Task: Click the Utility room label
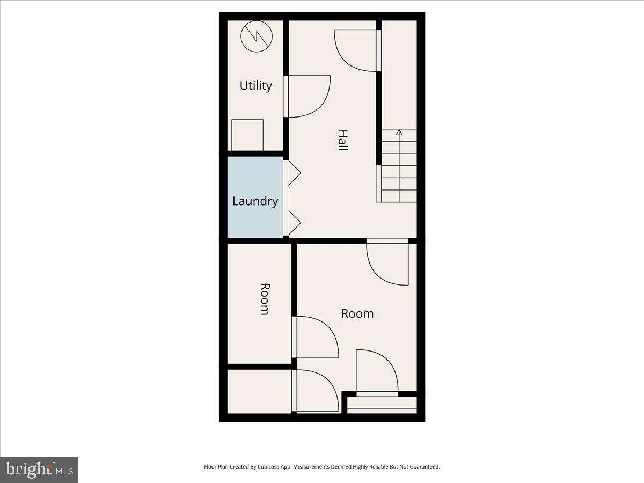click(x=255, y=86)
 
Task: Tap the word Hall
click(x=342, y=140)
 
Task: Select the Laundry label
click(x=255, y=201)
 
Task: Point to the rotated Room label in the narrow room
click(x=264, y=299)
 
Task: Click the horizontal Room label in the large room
click(x=357, y=313)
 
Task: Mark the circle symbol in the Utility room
click(x=255, y=36)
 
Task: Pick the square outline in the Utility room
click(x=247, y=135)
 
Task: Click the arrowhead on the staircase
click(x=399, y=131)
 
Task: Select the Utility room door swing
click(x=307, y=97)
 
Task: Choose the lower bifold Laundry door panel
click(x=294, y=222)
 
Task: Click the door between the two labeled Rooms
click(x=315, y=337)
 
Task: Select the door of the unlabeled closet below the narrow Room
click(x=315, y=391)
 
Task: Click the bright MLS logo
click(x=39, y=470)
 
